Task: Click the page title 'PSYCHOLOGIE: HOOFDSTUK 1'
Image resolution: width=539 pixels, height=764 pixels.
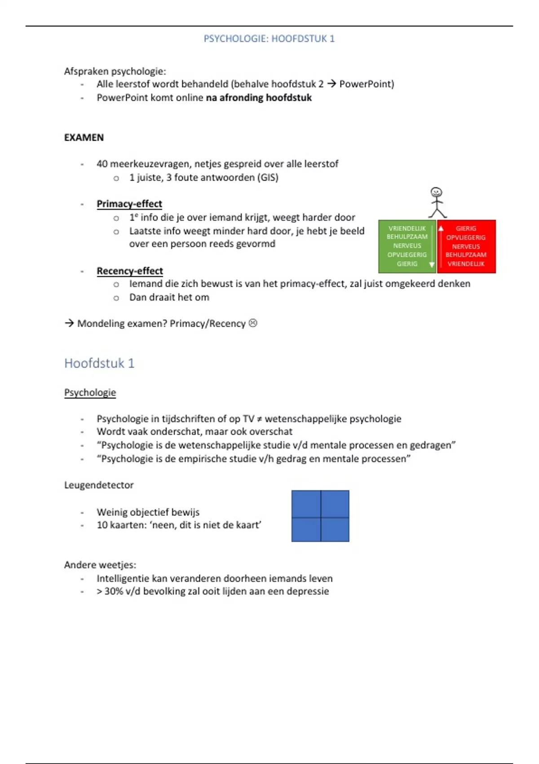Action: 269,39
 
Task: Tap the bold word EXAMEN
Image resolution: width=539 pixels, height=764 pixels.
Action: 84,138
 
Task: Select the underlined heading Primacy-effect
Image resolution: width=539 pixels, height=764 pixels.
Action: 129,204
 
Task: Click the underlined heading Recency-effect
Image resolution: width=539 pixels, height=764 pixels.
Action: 130,271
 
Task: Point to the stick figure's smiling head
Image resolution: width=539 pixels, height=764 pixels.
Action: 436,192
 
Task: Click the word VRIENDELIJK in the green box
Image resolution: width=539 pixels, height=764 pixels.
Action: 407,228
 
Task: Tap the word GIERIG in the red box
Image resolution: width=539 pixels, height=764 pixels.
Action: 466,228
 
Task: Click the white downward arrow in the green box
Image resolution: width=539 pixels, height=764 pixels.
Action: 432,264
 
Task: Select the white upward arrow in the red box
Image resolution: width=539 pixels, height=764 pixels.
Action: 441,228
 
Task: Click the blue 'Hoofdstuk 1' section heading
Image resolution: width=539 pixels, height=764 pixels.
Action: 99,363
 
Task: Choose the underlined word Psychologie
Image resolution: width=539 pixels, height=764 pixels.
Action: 90,392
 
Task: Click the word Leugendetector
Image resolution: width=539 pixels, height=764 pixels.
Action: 99,485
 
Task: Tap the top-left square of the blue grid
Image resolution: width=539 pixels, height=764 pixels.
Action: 306,504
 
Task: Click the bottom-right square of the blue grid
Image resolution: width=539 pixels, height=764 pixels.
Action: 335,529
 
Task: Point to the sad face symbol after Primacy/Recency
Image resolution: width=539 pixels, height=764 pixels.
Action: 253,323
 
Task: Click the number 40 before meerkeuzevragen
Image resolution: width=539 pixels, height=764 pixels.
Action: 102,164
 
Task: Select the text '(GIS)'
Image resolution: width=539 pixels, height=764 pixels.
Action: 268,178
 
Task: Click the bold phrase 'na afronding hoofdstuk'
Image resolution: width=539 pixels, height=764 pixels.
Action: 259,98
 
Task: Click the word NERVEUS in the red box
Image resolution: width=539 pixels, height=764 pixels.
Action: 466,246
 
